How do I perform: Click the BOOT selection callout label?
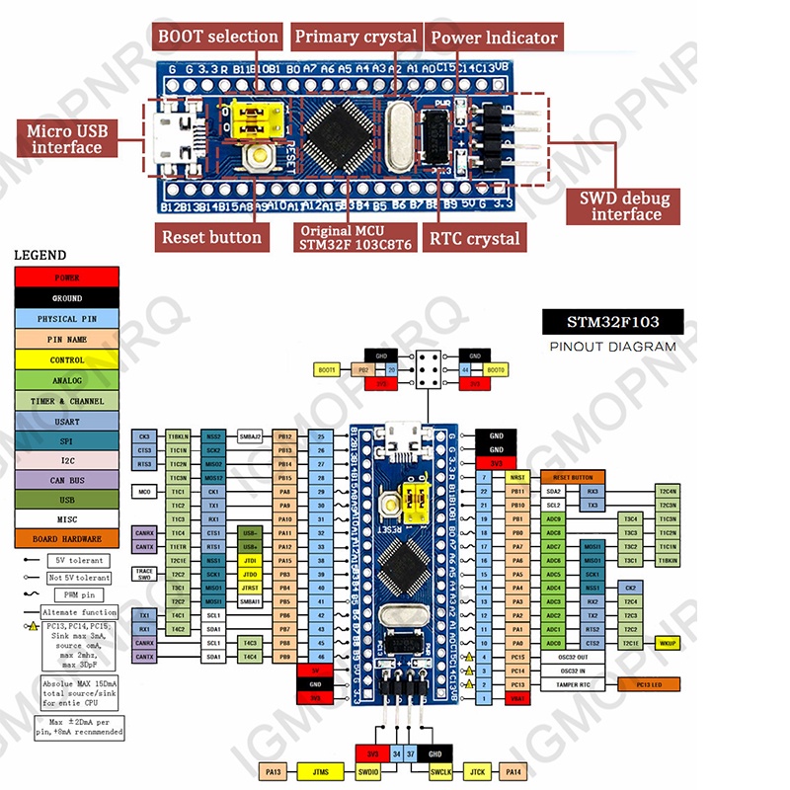pos(218,38)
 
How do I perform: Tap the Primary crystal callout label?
pos(355,38)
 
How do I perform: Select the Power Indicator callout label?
pos(494,39)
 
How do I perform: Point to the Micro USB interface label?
pos(65,139)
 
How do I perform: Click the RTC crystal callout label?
pos(473,238)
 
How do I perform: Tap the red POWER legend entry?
pos(67,277)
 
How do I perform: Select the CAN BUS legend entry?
pos(67,479)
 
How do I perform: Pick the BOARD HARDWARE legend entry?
pos(67,539)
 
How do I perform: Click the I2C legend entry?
pos(67,459)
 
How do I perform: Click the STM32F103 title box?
pos(612,321)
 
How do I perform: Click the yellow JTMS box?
pos(320,770)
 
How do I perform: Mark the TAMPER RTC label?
pos(574,683)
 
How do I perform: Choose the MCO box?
pos(144,491)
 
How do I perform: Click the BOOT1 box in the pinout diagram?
pos(327,369)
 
